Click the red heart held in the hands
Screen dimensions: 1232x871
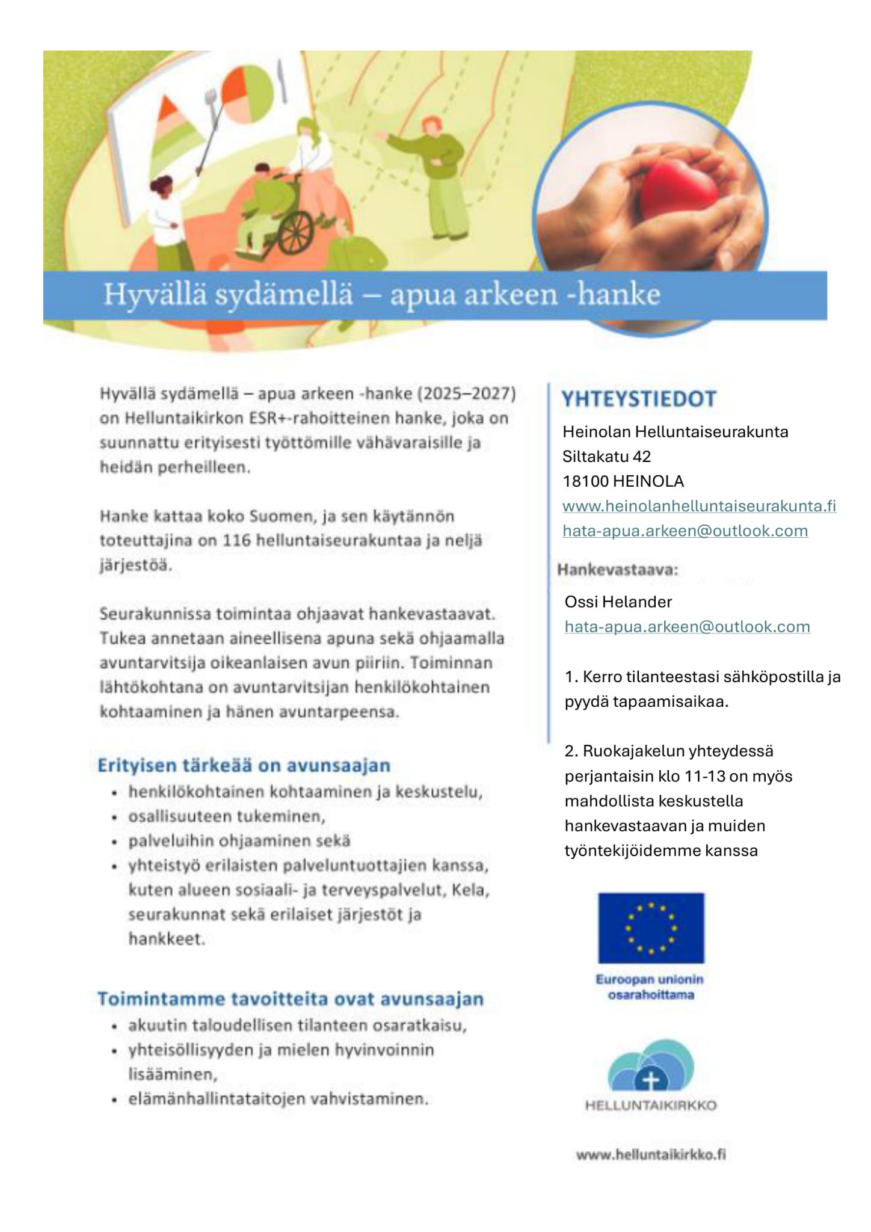coord(679,191)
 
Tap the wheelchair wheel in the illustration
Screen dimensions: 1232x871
coord(296,232)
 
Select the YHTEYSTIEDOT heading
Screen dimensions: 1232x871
coord(639,399)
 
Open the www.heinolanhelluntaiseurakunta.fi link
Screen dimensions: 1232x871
coord(699,506)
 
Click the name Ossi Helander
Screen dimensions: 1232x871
coord(618,602)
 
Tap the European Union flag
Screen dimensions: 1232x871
coord(651,928)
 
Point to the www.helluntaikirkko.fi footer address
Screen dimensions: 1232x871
coord(651,1154)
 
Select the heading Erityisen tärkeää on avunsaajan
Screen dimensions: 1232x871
coord(244,766)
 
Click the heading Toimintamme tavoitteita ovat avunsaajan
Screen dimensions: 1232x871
coord(291,999)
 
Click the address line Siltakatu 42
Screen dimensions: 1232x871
coord(606,457)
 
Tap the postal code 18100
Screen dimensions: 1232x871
coord(585,481)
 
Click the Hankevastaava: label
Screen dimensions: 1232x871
coord(618,570)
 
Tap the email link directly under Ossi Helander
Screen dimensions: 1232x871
coord(687,627)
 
